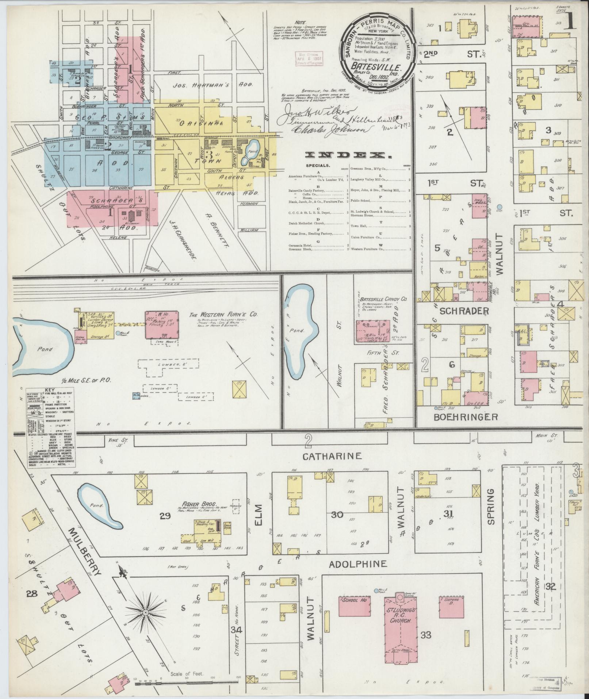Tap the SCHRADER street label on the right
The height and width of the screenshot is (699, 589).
point(464,311)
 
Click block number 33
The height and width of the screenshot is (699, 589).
point(426,635)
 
